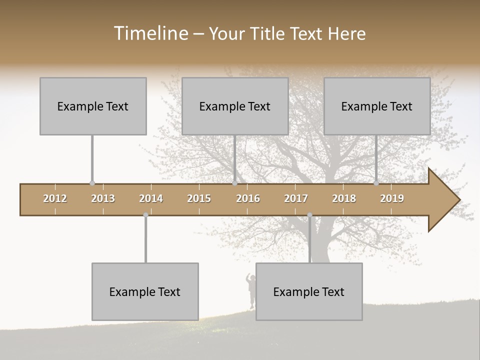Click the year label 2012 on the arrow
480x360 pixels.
(55, 198)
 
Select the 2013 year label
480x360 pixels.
(103, 198)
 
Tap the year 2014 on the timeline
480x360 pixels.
(151, 198)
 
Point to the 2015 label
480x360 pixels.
(199, 198)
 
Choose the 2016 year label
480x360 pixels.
(248, 198)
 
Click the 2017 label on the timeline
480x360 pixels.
(296, 198)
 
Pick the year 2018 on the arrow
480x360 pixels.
(344, 198)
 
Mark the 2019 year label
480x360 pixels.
(392, 198)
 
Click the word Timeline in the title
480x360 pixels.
(150, 33)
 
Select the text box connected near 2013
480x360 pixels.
(93, 106)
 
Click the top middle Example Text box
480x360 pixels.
(235, 106)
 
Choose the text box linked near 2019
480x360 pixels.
(377, 106)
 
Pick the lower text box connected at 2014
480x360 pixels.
(145, 291)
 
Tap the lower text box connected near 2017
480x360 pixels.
(309, 291)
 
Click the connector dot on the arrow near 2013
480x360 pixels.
(92, 183)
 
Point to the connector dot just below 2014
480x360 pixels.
(145, 215)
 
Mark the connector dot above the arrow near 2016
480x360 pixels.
(234, 183)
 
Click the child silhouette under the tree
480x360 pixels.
(250, 290)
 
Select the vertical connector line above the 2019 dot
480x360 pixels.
(376, 158)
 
